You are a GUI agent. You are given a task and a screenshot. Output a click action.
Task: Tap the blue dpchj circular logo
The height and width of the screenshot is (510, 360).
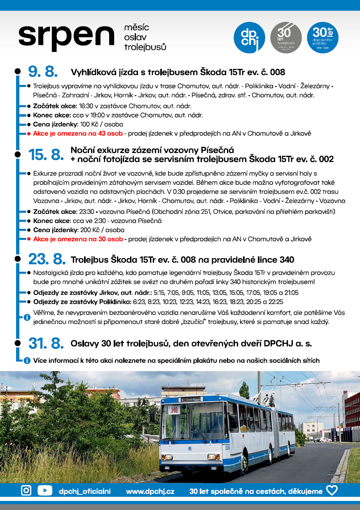pyautogui.click(x=249, y=38)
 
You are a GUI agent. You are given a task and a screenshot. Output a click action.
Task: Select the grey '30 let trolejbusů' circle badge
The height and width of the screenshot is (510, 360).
pyautogui.click(x=285, y=38)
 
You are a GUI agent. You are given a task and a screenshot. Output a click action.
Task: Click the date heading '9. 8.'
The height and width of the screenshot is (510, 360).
pyautogui.click(x=43, y=72)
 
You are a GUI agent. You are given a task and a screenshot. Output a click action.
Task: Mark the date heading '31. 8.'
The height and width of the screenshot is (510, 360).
pyautogui.click(x=46, y=343)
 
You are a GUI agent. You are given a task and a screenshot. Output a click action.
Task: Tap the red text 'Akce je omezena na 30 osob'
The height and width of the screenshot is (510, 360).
pyautogui.click(x=78, y=239)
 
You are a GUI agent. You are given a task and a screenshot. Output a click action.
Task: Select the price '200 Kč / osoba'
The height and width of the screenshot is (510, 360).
pyautogui.click(x=102, y=230)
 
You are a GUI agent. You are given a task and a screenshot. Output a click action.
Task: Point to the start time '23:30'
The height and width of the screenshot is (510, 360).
pyautogui.click(x=85, y=212)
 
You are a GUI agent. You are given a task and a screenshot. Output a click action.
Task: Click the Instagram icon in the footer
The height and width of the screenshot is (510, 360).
pyautogui.click(x=26, y=490)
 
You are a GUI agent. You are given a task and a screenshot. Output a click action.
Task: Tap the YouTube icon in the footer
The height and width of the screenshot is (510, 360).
pyautogui.click(x=45, y=490)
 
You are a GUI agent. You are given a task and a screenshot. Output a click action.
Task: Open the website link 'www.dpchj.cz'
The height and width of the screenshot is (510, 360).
pyautogui.click(x=150, y=491)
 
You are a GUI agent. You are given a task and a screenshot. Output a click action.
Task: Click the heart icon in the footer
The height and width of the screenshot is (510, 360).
pyautogui.click(x=332, y=490)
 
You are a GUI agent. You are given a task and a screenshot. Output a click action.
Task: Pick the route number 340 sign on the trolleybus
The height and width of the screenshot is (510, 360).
pyautogui.click(x=174, y=410)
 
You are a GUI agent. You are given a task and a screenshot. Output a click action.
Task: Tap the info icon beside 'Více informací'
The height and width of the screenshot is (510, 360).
pyautogui.click(x=27, y=360)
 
